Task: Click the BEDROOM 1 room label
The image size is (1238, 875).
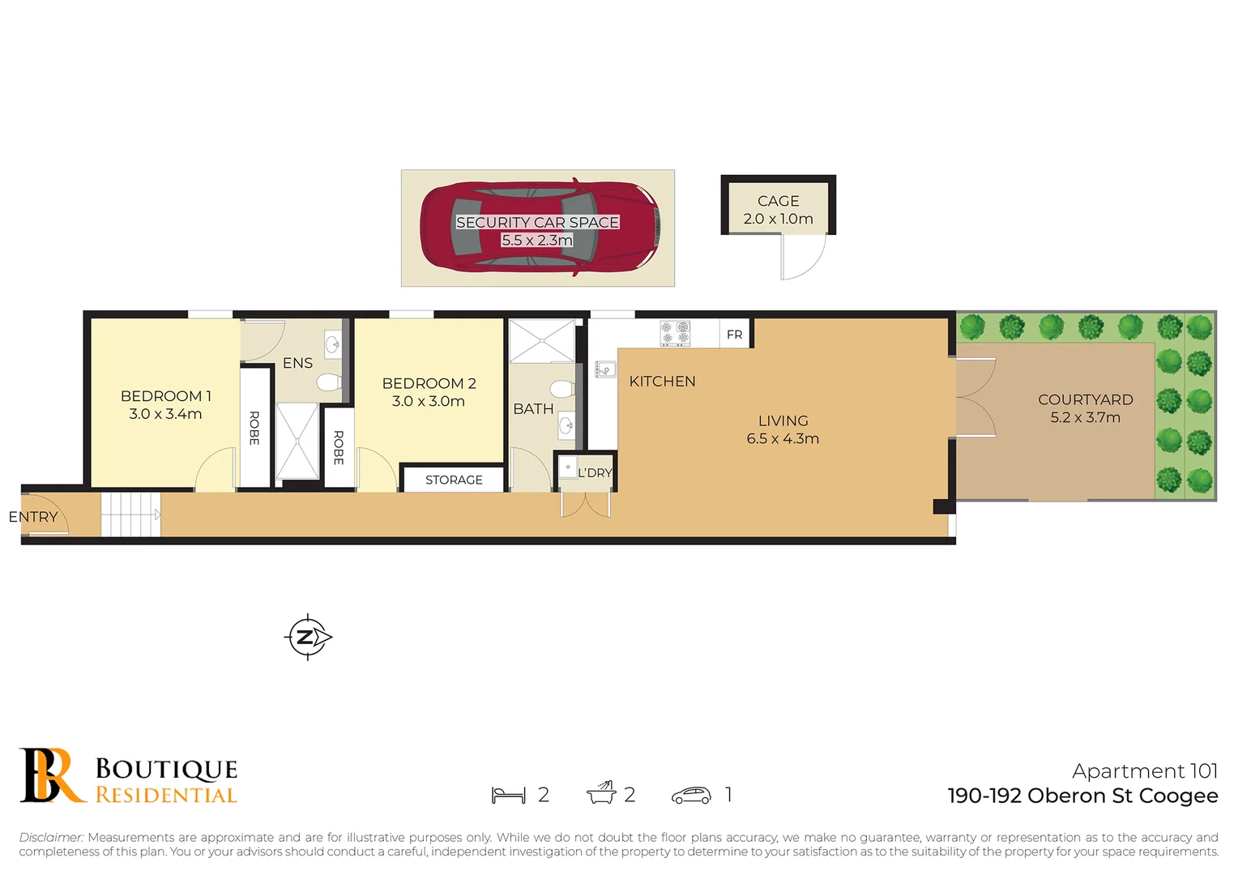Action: pyautogui.click(x=165, y=396)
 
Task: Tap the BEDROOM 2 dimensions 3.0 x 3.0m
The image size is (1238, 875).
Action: pyautogui.click(x=428, y=402)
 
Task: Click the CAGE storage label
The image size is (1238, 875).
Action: pyautogui.click(x=778, y=201)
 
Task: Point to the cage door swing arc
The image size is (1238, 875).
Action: pyautogui.click(x=803, y=257)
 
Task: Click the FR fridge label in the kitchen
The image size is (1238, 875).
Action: pyautogui.click(x=734, y=335)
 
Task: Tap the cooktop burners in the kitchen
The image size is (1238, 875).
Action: pyautogui.click(x=675, y=332)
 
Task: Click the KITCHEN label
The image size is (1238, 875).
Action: pyautogui.click(x=662, y=382)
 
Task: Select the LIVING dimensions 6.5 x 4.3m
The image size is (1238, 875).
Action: pyautogui.click(x=783, y=439)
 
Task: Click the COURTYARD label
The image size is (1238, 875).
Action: pyautogui.click(x=1085, y=399)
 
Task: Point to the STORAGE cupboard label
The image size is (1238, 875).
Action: pyautogui.click(x=454, y=480)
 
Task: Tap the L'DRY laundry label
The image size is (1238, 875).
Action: pyautogui.click(x=595, y=473)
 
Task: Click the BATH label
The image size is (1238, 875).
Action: pyautogui.click(x=533, y=409)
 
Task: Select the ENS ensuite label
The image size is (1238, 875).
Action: pyautogui.click(x=297, y=363)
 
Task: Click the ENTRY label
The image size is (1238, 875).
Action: pyautogui.click(x=33, y=517)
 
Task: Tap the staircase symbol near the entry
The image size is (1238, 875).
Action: pyautogui.click(x=130, y=514)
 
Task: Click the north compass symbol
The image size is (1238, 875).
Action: pyautogui.click(x=308, y=637)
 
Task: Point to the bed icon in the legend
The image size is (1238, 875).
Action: pyautogui.click(x=508, y=795)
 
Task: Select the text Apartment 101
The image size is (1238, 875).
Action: pyautogui.click(x=1144, y=770)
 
